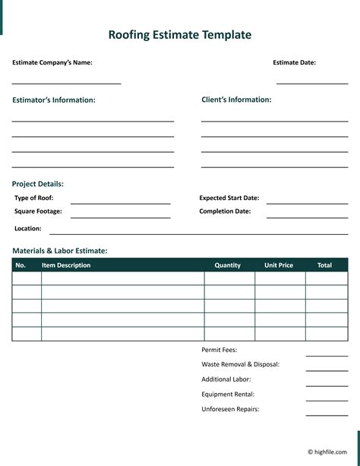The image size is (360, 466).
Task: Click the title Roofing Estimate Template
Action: coord(179,35)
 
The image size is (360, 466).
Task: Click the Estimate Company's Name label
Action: coord(52,63)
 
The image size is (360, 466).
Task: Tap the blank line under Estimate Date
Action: coord(311,82)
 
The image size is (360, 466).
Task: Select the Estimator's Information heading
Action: coord(54,100)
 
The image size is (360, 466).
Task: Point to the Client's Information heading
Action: coord(236,100)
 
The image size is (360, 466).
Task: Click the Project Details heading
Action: coord(38,184)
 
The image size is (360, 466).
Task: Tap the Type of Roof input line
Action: coord(120,203)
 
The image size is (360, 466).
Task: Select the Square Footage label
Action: coord(38,211)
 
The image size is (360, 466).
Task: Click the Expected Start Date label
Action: coord(229,198)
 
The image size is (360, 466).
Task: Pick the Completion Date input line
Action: coord(307,217)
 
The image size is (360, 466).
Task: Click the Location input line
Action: coord(197,233)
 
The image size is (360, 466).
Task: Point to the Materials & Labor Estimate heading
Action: coord(60,251)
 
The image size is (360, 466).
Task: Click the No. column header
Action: coord(21,265)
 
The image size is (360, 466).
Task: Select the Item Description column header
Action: coord(66,265)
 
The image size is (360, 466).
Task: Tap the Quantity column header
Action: coord(228,265)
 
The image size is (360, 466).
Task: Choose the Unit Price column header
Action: coord(279,265)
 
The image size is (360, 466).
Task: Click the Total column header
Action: coord(324,265)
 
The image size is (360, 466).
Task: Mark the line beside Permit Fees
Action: coord(327,355)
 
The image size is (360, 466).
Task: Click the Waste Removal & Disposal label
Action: coord(241,364)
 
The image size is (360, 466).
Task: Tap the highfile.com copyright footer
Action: coord(327,452)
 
